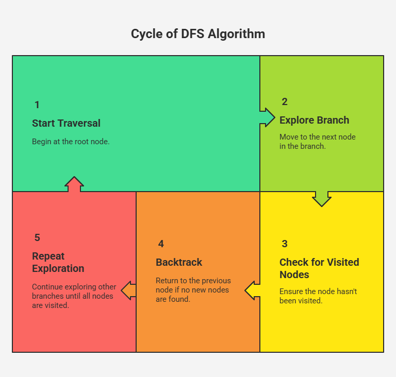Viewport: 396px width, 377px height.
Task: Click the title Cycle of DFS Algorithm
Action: coord(198,34)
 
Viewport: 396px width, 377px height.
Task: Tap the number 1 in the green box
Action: coord(37,105)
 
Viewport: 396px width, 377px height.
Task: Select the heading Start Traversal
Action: coord(66,123)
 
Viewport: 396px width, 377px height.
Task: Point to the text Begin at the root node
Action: coord(71,142)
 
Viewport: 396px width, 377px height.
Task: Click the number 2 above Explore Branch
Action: coord(285,101)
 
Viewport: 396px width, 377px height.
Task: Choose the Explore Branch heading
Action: coord(314,120)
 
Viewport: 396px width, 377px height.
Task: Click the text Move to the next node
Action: coord(318,137)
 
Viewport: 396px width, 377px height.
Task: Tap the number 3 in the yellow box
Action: coord(285,244)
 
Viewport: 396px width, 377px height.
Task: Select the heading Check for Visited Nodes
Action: coord(319,268)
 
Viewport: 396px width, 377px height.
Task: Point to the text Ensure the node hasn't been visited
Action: coord(318,296)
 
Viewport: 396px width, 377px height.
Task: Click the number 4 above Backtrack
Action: coord(161,244)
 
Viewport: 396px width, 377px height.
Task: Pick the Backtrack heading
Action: coord(179,262)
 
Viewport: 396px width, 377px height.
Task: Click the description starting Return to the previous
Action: coord(193,289)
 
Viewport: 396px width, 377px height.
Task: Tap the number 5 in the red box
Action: coord(37,237)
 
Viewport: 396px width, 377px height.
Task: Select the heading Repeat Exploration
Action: coord(58,262)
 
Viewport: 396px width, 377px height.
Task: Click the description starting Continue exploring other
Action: coord(74,296)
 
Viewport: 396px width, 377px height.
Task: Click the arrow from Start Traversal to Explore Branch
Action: coord(267,117)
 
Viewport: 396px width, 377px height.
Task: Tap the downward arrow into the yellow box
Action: coord(322,199)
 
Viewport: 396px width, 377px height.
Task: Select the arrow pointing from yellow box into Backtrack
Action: coord(252,290)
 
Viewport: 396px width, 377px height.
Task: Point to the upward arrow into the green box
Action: coord(74,184)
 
